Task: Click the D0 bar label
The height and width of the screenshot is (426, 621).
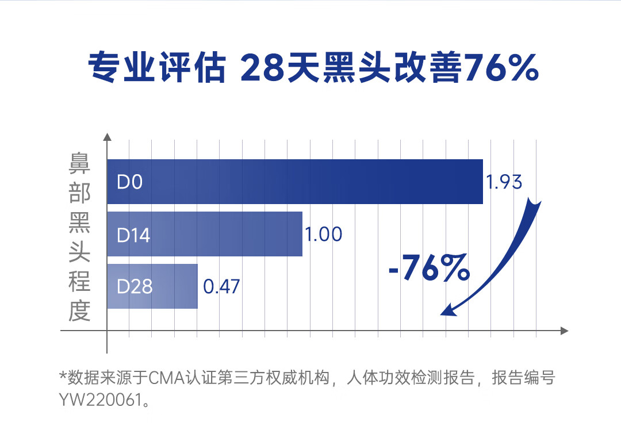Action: point(129,182)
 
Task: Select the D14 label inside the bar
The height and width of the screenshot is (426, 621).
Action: point(133,235)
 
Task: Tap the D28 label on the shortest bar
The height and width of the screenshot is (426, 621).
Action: point(135,286)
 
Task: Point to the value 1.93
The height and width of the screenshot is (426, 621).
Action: point(504,182)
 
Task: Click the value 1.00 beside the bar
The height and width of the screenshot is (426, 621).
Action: point(323,235)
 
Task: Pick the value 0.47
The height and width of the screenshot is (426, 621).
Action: point(222,286)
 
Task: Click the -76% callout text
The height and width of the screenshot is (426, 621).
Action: point(429,268)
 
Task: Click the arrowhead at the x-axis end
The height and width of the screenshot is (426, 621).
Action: point(564,331)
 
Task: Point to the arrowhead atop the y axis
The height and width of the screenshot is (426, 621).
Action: point(107,138)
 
